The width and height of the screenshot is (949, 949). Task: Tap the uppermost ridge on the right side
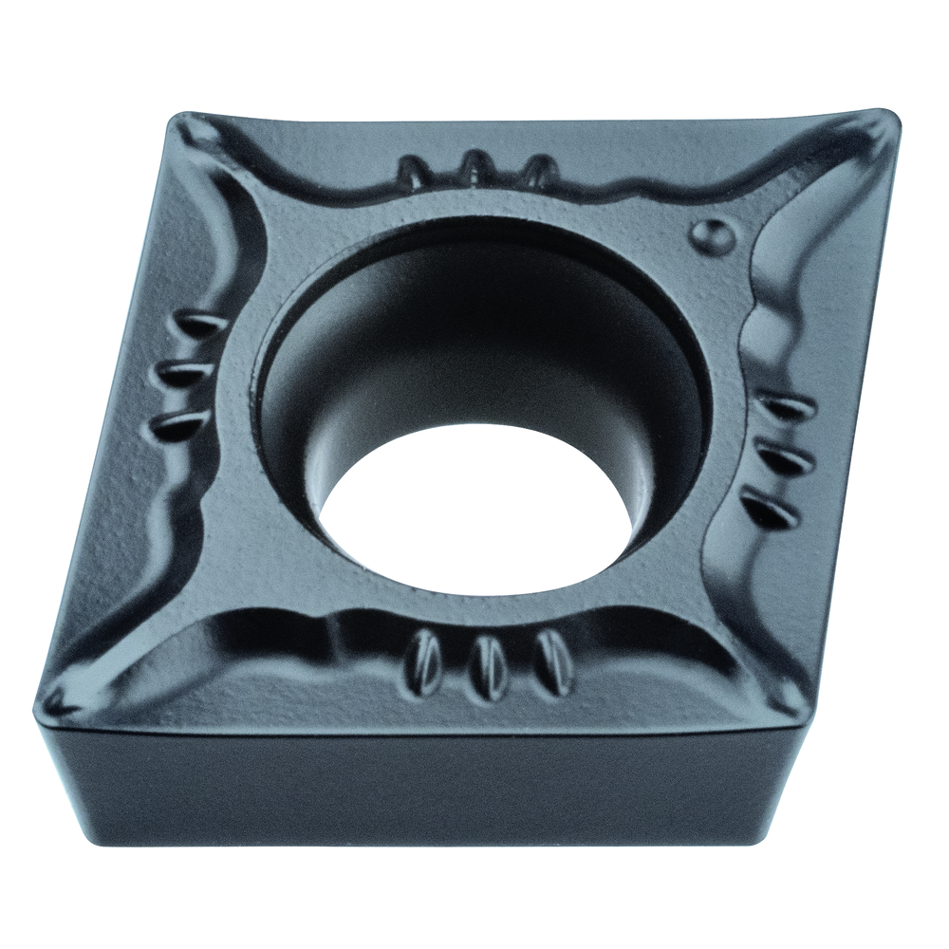pos(789,408)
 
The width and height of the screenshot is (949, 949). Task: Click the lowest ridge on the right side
pos(771,509)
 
